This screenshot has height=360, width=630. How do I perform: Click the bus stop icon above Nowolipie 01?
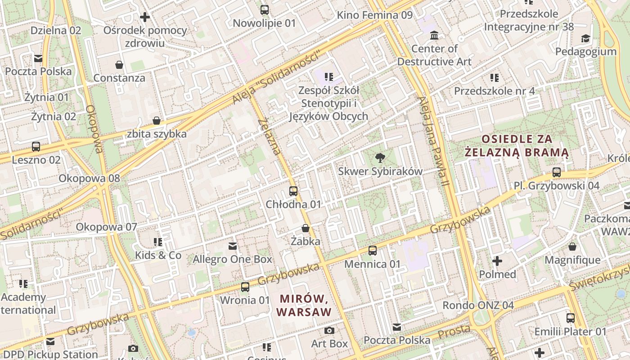click(x=265, y=9)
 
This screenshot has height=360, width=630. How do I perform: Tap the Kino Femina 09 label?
click(x=374, y=15)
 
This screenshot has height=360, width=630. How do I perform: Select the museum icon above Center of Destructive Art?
click(x=434, y=35)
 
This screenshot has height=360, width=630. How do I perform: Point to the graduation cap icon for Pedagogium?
click(x=585, y=38)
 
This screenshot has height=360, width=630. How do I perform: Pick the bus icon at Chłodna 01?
click(x=293, y=191)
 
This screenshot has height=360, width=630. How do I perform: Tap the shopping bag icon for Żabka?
click(x=306, y=228)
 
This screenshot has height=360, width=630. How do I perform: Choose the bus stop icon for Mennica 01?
click(x=373, y=251)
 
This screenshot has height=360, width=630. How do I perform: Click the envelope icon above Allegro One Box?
click(x=233, y=246)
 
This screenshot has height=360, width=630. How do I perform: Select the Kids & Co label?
click(x=158, y=256)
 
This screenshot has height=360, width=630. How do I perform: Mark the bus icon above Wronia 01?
click(x=245, y=287)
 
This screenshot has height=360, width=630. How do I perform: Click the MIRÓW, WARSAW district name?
click(x=304, y=305)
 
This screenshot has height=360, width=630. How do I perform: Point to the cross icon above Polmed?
click(x=497, y=261)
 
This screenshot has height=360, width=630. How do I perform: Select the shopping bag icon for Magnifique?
click(x=572, y=247)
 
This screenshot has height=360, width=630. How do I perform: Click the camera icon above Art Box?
click(x=329, y=331)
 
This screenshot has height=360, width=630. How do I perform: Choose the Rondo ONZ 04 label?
click(x=478, y=306)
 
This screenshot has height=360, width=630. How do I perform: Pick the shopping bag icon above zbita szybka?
click(x=157, y=121)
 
